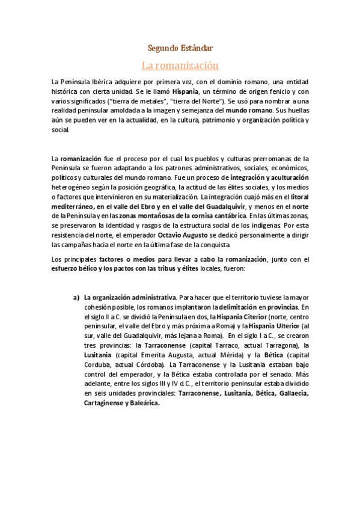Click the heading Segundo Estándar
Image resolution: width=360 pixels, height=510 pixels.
[x=180, y=48]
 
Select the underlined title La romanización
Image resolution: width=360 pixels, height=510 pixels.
[x=180, y=64]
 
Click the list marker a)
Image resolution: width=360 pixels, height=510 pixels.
[x=76, y=296]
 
